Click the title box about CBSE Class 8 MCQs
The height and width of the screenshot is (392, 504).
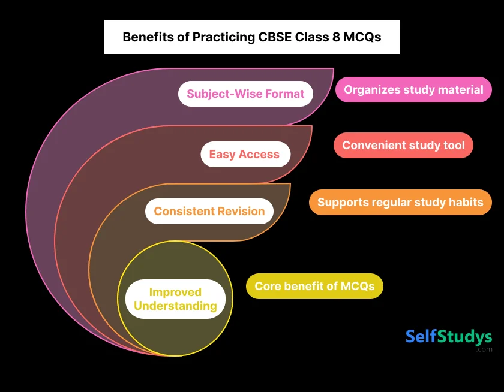point(251,37)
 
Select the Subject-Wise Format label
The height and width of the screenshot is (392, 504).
point(245,94)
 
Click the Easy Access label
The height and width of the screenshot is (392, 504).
point(244,155)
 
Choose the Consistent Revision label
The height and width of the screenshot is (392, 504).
point(209,211)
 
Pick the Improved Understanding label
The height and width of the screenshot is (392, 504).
point(175,299)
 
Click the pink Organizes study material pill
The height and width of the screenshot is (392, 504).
point(413,90)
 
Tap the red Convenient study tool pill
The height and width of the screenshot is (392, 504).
point(403,146)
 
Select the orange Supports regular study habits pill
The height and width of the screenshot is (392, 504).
point(400,202)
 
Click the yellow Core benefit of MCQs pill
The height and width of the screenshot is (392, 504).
point(314,286)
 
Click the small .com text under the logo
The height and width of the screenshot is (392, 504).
point(484,349)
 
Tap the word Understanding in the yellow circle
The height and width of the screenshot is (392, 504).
point(175,306)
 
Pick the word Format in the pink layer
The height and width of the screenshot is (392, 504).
point(281,94)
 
